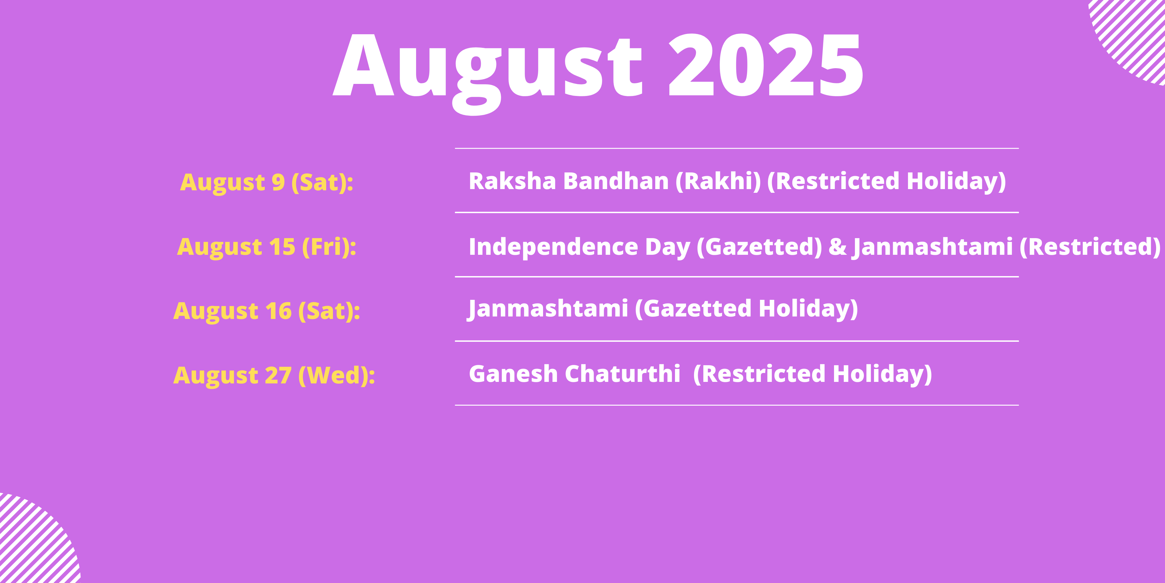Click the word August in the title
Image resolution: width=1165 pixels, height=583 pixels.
[x=488, y=72]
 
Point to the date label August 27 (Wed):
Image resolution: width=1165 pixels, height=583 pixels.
[x=274, y=376]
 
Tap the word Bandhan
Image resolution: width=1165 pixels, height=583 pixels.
[x=616, y=181]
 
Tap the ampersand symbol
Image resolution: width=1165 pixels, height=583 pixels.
[x=838, y=247]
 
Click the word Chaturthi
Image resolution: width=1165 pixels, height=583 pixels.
[x=623, y=374]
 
